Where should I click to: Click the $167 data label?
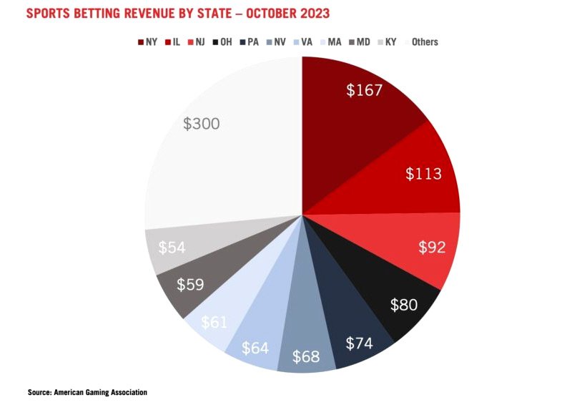[365, 91]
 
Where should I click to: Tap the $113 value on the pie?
[423, 174]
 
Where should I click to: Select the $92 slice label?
[433, 248]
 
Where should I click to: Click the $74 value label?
[359, 342]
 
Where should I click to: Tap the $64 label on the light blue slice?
[255, 348]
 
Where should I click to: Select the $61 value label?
[214, 322]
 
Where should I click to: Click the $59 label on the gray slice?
[190, 284]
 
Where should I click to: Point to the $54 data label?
[172, 247]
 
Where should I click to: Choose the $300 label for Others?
[201, 124]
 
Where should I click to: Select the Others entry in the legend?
[421, 42]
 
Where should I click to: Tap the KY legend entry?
[389, 42]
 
